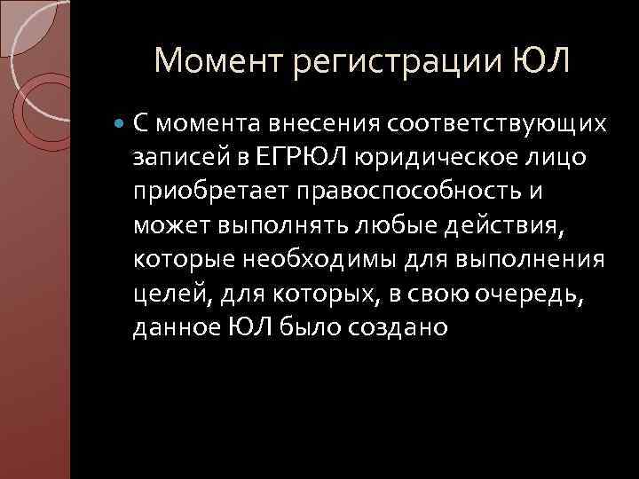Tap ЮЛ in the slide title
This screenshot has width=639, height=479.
click(x=540, y=61)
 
